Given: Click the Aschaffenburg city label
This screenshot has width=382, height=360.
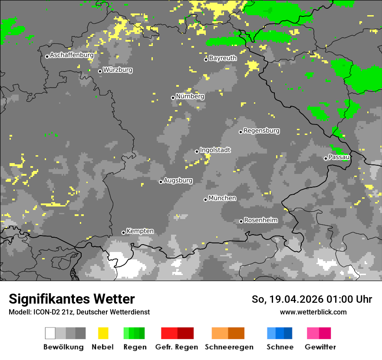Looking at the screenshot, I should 72,56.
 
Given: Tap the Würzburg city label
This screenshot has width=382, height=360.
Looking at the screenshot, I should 118,70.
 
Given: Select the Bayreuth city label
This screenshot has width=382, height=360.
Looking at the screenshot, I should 223,58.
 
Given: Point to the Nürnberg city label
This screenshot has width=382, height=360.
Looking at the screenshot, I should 190,96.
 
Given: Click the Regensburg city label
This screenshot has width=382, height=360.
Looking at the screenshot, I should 261,131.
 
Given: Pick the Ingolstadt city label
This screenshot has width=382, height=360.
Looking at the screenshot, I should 215,150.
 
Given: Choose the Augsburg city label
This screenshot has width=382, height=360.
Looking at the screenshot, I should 178,180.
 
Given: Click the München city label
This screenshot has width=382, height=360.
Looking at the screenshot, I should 222,198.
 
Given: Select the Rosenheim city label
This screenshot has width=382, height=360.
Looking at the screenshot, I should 260,220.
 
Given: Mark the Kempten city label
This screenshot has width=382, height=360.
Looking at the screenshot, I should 140,231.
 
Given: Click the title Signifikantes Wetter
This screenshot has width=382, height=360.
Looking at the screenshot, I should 72,299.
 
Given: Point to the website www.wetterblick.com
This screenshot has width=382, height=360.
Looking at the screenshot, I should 313,312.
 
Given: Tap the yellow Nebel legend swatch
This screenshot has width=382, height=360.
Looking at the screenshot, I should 103,333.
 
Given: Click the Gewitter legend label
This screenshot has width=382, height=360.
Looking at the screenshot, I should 320,347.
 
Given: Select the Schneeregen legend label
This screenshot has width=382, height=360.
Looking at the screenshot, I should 229,347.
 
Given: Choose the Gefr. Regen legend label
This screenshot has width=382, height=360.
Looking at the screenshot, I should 177,347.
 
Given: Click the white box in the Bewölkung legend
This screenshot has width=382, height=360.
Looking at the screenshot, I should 50,333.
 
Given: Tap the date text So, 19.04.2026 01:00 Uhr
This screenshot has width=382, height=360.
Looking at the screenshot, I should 312,299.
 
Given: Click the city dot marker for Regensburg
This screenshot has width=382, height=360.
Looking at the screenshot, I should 240,132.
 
